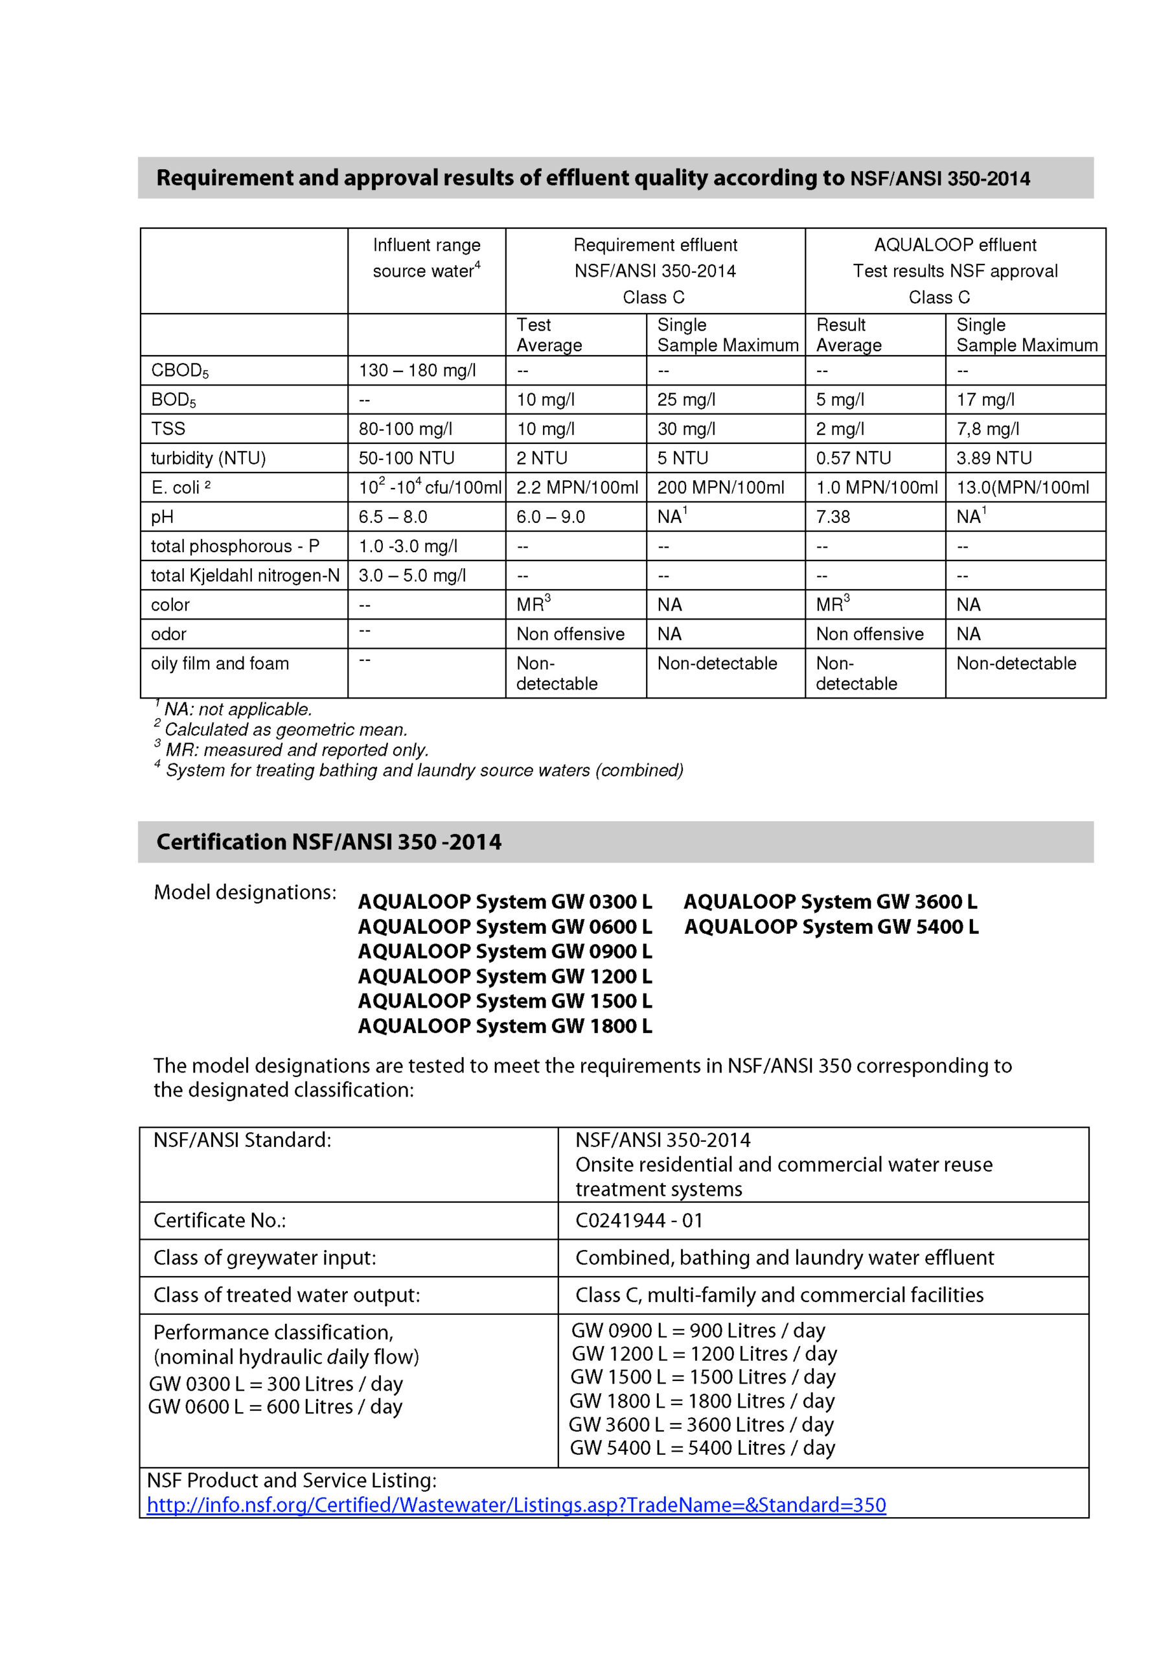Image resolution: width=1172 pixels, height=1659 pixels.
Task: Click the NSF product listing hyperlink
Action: [x=516, y=1505]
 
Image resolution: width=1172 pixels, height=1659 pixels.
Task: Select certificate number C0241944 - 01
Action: [x=639, y=1220]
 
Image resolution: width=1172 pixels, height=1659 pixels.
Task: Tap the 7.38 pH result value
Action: [x=833, y=516]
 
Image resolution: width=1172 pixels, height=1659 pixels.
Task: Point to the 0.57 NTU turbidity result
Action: [x=853, y=458]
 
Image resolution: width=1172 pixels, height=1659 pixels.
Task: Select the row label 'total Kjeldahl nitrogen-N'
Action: [x=245, y=575]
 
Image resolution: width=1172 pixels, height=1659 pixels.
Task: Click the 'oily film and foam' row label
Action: [x=220, y=664]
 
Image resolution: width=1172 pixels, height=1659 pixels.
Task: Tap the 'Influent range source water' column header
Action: [x=426, y=258]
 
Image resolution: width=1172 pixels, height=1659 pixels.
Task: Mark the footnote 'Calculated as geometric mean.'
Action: [x=286, y=730]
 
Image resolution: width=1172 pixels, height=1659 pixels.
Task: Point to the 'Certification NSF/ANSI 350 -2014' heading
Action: [x=328, y=842]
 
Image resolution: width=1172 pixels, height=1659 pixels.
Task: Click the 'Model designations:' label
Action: [x=245, y=892]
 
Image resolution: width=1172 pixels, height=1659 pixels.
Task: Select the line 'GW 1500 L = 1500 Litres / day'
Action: [x=702, y=1377]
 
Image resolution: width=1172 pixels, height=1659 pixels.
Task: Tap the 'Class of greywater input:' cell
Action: [x=264, y=1258]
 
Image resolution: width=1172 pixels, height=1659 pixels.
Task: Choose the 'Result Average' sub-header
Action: [x=848, y=334]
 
